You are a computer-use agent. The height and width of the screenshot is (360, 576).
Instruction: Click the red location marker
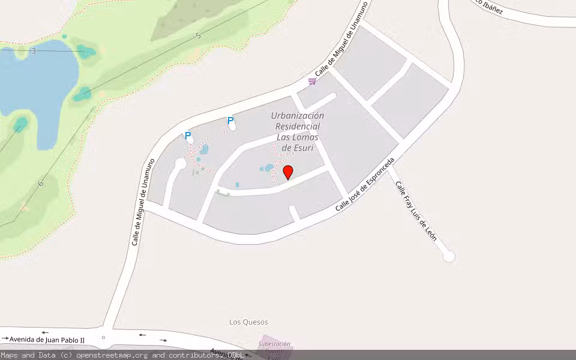[x=288, y=172]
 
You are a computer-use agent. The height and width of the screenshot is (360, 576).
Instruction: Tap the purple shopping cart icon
[x=312, y=81]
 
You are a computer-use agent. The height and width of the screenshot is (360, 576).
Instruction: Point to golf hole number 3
[x=34, y=51]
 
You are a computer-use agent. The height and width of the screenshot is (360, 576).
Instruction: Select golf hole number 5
[x=198, y=36]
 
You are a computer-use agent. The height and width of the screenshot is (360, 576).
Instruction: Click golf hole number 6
[x=41, y=184]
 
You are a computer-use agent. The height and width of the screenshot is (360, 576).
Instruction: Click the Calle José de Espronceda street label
[x=365, y=184]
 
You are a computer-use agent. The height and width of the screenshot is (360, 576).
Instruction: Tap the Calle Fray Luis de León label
[x=415, y=211]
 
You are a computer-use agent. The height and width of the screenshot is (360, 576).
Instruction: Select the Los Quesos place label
[x=248, y=322]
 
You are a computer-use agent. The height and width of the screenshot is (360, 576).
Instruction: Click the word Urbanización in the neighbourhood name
[x=298, y=116]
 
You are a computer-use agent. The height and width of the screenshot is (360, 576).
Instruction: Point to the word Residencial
[x=298, y=127]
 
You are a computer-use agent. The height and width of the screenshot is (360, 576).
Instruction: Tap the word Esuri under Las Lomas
[x=295, y=148]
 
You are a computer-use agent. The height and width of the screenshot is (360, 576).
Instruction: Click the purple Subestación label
[x=274, y=344]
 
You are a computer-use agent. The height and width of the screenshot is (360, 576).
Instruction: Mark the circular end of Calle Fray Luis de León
[x=448, y=256]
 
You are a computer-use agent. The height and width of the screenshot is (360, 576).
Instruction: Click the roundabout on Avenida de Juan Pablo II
[x=103, y=338]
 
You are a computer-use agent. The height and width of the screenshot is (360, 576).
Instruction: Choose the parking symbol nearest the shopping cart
[x=230, y=121]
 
